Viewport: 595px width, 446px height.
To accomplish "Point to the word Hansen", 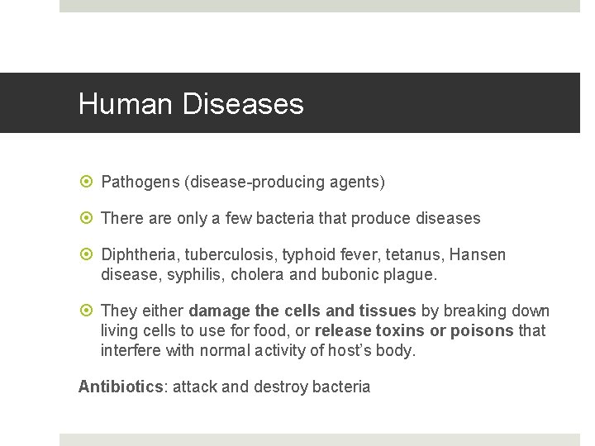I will coord(478,255).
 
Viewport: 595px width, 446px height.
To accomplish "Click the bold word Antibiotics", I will coord(121,387).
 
